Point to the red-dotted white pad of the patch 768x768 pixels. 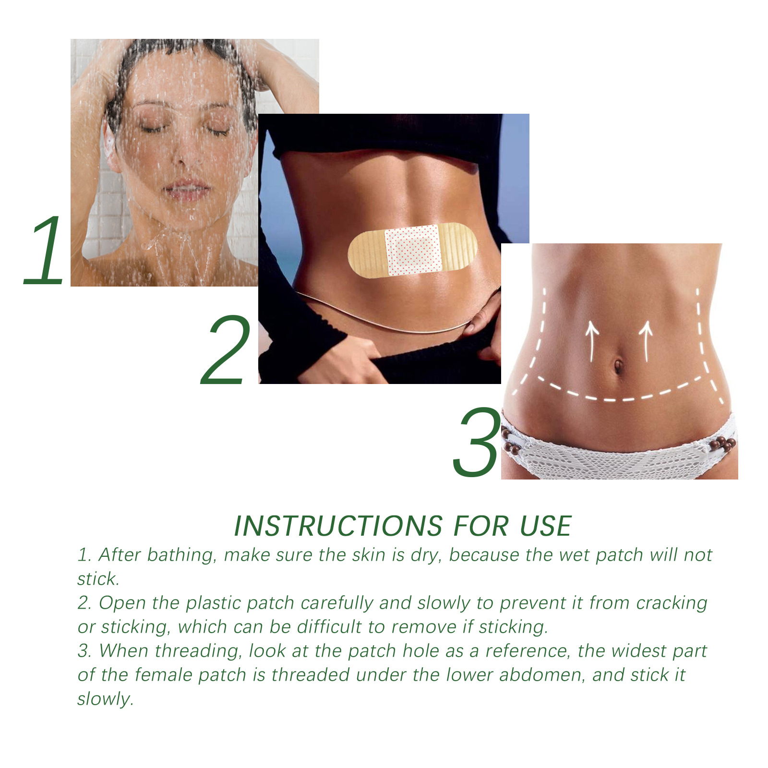click(413, 250)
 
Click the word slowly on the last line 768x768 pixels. click(105, 699)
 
